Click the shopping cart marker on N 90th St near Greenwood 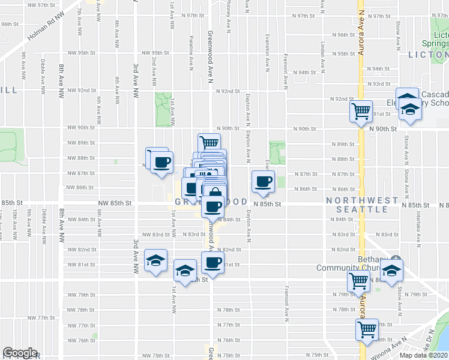(208, 143)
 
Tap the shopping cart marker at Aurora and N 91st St (360, 110)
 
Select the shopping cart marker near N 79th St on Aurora (358, 280)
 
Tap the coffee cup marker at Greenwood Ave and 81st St (212, 262)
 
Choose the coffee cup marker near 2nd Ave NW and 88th (161, 162)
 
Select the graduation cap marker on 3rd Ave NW (155, 260)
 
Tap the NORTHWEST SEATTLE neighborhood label (362, 205)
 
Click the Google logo (20, 352)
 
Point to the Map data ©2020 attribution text (423, 355)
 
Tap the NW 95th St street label (82, 53)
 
